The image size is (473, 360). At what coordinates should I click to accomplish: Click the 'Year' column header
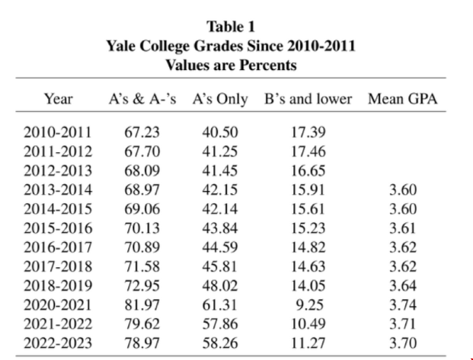(x=58, y=98)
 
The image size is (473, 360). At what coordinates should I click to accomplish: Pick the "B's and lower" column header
(x=308, y=98)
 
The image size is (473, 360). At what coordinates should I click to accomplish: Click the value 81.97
(x=141, y=304)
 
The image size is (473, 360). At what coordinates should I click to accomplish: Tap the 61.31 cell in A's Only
(x=220, y=304)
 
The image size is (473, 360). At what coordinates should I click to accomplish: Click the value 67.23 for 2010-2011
(x=141, y=132)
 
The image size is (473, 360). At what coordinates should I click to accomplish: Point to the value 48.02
(x=220, y=285)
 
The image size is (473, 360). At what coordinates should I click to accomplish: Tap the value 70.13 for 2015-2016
(x=141, y=227)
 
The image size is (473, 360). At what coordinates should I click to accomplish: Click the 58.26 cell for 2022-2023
(x=220, y=342)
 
